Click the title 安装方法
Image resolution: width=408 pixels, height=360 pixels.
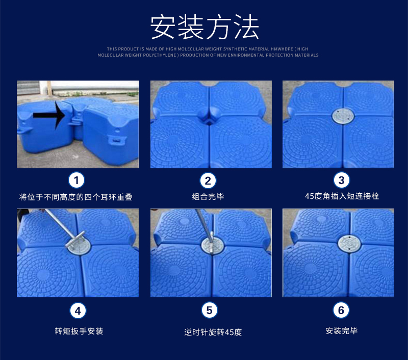205,27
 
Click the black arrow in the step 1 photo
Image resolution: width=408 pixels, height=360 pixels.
49,115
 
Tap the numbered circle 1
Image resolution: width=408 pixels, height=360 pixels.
76,180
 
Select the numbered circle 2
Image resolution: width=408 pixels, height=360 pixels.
208,181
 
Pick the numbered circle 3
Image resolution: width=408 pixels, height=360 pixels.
341,180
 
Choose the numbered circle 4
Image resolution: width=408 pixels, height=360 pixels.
78,311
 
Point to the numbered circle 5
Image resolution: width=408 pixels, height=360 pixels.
210,310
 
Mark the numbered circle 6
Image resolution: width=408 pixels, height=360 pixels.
341,310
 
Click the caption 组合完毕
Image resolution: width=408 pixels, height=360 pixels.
208,197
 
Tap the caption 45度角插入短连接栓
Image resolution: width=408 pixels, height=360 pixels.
342,196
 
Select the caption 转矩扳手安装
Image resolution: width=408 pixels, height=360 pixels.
79,331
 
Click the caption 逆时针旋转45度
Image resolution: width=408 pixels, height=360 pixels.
213,332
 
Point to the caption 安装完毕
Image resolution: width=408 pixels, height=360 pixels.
341,330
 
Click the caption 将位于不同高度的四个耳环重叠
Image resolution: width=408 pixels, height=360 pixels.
75,197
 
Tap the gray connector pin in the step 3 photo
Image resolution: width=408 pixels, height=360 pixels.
343,116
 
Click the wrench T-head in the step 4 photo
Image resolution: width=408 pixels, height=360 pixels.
75,239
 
